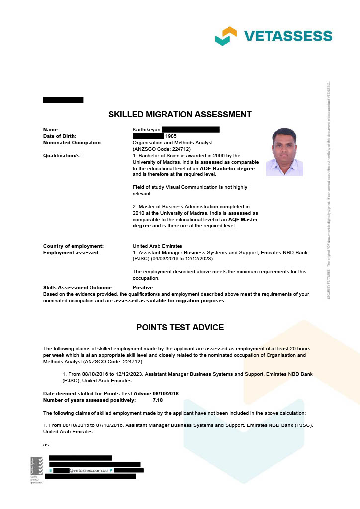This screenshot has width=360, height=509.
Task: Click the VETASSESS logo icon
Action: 226,36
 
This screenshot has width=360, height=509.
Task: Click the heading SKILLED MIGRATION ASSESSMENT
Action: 180,115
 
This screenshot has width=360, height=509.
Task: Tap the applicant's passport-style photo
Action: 284,152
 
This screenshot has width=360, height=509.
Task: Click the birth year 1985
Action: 171,136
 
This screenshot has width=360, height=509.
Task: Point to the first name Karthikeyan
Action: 146,130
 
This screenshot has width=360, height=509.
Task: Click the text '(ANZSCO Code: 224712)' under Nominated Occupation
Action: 162,149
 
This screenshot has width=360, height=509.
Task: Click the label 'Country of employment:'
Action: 74,246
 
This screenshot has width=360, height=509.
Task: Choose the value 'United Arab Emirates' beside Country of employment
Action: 157,246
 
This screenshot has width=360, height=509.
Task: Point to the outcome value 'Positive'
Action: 143,288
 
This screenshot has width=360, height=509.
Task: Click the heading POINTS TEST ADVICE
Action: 180,327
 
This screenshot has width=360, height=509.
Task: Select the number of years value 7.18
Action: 158,400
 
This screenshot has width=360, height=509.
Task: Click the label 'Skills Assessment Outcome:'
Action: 78,288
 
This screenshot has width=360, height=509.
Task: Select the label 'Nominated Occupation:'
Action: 73,142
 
